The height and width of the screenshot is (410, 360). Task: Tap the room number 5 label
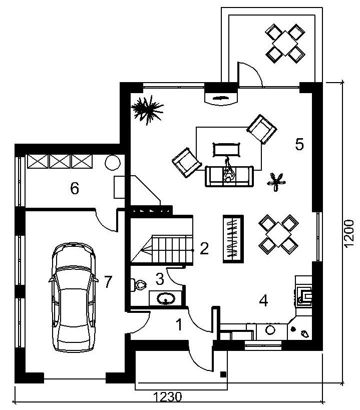(299, 144)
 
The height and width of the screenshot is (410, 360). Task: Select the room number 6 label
(75, 188)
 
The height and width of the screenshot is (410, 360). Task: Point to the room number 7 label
(108, 282)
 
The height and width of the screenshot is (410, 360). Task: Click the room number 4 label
(263, 300)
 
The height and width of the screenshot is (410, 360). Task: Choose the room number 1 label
(179, 325)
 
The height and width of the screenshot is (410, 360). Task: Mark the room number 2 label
(204, 248)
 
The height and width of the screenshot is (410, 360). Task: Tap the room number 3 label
(160, 279)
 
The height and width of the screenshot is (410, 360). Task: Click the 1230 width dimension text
(167, 397)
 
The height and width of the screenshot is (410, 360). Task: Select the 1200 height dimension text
(349, 233)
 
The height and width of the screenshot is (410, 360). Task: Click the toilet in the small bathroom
(138, 285)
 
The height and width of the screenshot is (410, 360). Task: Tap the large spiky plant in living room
(147, 109)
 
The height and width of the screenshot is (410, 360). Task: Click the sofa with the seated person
(229, 176)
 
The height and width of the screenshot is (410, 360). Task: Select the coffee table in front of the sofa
(226, 150)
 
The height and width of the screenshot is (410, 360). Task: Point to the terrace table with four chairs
(285, 44)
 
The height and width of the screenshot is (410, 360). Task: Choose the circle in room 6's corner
(113, 163)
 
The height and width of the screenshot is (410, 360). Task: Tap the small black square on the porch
(223, 374)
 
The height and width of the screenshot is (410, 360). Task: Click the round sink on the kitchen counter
(270, 330)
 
